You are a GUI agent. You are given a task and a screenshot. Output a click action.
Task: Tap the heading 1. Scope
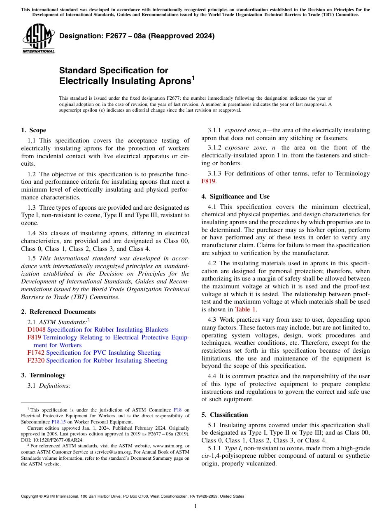click(33, 130)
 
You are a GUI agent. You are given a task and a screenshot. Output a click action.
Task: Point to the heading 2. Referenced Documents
click(58, 312)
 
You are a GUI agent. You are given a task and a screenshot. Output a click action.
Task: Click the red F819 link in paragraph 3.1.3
click(209, 181)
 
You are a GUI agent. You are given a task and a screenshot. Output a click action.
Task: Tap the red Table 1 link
click(246, 309)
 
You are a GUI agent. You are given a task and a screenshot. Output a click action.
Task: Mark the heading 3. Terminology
click(43, 375)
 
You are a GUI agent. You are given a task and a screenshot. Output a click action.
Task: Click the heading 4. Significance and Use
click(235, 196)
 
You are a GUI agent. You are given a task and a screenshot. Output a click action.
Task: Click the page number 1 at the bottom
click(195, 506)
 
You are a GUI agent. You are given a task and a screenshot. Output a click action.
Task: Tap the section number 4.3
click(213, 320)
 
